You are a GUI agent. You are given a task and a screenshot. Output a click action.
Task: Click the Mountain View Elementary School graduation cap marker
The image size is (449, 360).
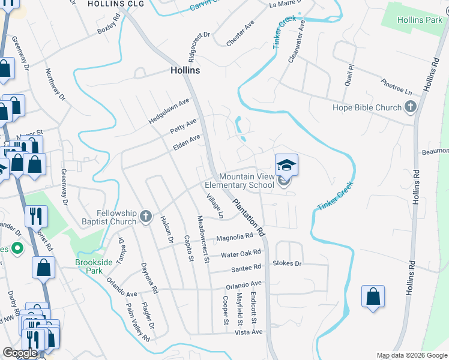click(x=287, y=164)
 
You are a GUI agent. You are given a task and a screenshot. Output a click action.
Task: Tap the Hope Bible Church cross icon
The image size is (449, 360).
click(x=411, y=108)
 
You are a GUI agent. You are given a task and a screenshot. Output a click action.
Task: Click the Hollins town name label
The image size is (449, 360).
click(x=184, y=70)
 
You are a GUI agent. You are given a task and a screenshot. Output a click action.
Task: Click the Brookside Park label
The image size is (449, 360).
click(x=94, y=266)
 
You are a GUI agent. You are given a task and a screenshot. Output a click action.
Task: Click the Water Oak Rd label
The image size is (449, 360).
click(x=241, y=254)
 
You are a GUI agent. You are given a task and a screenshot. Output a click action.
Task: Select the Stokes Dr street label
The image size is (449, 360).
click(x=287, y=263)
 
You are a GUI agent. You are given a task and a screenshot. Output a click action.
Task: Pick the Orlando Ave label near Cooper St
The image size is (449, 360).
click(x=244, y=284)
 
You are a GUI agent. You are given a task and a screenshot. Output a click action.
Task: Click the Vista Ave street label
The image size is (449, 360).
click(x=249, y=332)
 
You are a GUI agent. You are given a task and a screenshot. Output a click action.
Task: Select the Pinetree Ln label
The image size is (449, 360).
click(x=397, y=88)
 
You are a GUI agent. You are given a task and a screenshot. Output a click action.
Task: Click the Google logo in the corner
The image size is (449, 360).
click(x=20, y=353)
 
